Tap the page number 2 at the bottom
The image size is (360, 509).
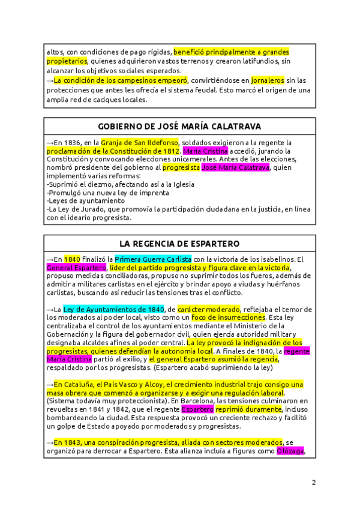[x=313, y=482]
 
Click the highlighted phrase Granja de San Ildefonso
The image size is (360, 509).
[x=139, y=142]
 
